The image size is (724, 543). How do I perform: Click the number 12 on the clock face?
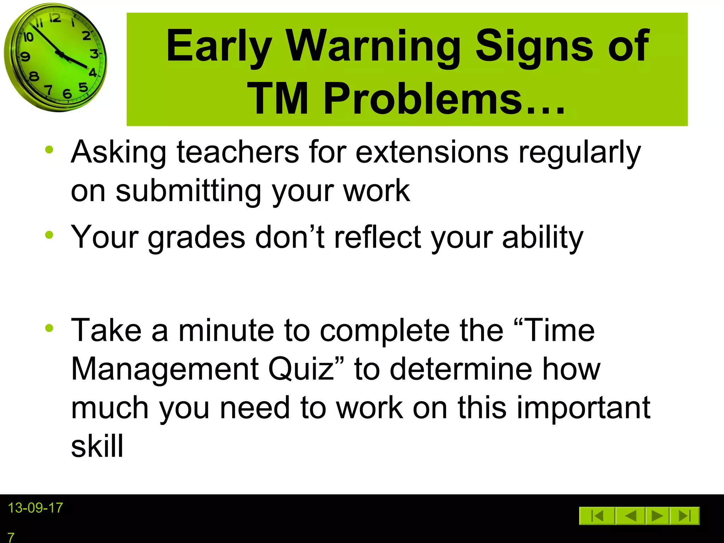(55, 18)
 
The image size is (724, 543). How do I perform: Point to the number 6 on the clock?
(67, 94)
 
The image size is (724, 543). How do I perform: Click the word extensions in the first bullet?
(432, 152)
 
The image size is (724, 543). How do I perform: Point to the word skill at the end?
(97, 446)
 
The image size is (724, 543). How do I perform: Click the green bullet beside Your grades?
(49, 235)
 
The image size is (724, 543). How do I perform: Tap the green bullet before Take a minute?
(49, 328)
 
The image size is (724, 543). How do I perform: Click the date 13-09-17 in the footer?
(35, 508)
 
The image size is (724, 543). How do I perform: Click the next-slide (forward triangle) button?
(657, 516)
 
